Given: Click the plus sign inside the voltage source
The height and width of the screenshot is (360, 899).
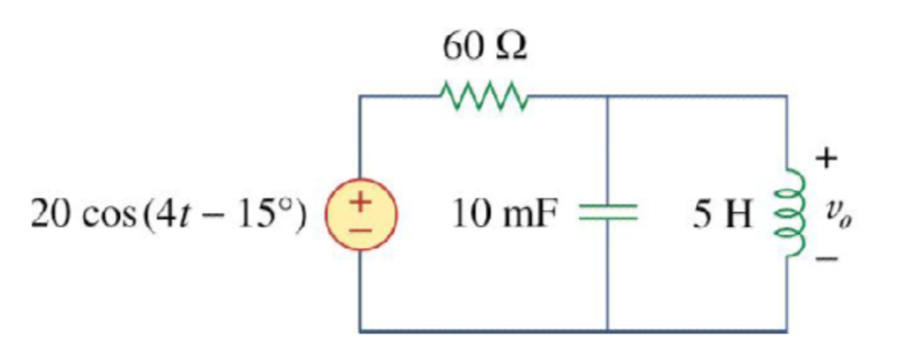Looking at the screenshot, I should click(360, 204).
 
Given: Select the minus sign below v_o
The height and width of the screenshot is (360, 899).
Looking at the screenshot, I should click(825, 261).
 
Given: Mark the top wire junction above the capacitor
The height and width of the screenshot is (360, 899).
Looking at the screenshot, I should click(607, 97).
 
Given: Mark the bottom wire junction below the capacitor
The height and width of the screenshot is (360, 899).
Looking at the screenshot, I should click(607, 331).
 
